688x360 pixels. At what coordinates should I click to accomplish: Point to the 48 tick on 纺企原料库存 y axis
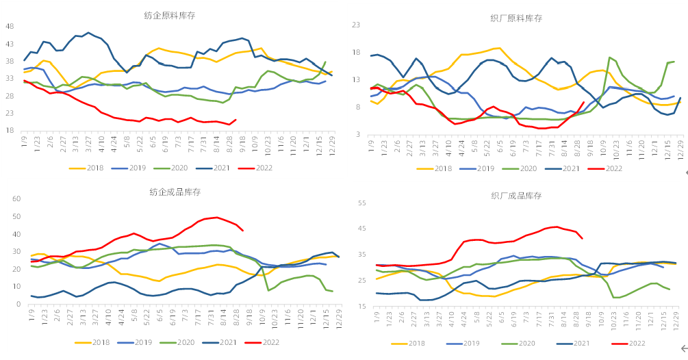tap(10, 27)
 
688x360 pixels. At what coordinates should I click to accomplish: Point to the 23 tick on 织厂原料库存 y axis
tap(355, 25)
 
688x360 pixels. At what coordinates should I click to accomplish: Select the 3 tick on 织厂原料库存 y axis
tap(357, 134)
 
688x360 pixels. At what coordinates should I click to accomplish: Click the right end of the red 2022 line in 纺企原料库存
tap(235, 120)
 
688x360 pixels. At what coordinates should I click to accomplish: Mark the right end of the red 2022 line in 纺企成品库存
tap(243, 231)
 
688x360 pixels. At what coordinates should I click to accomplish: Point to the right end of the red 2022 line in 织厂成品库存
tap(582, 238)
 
